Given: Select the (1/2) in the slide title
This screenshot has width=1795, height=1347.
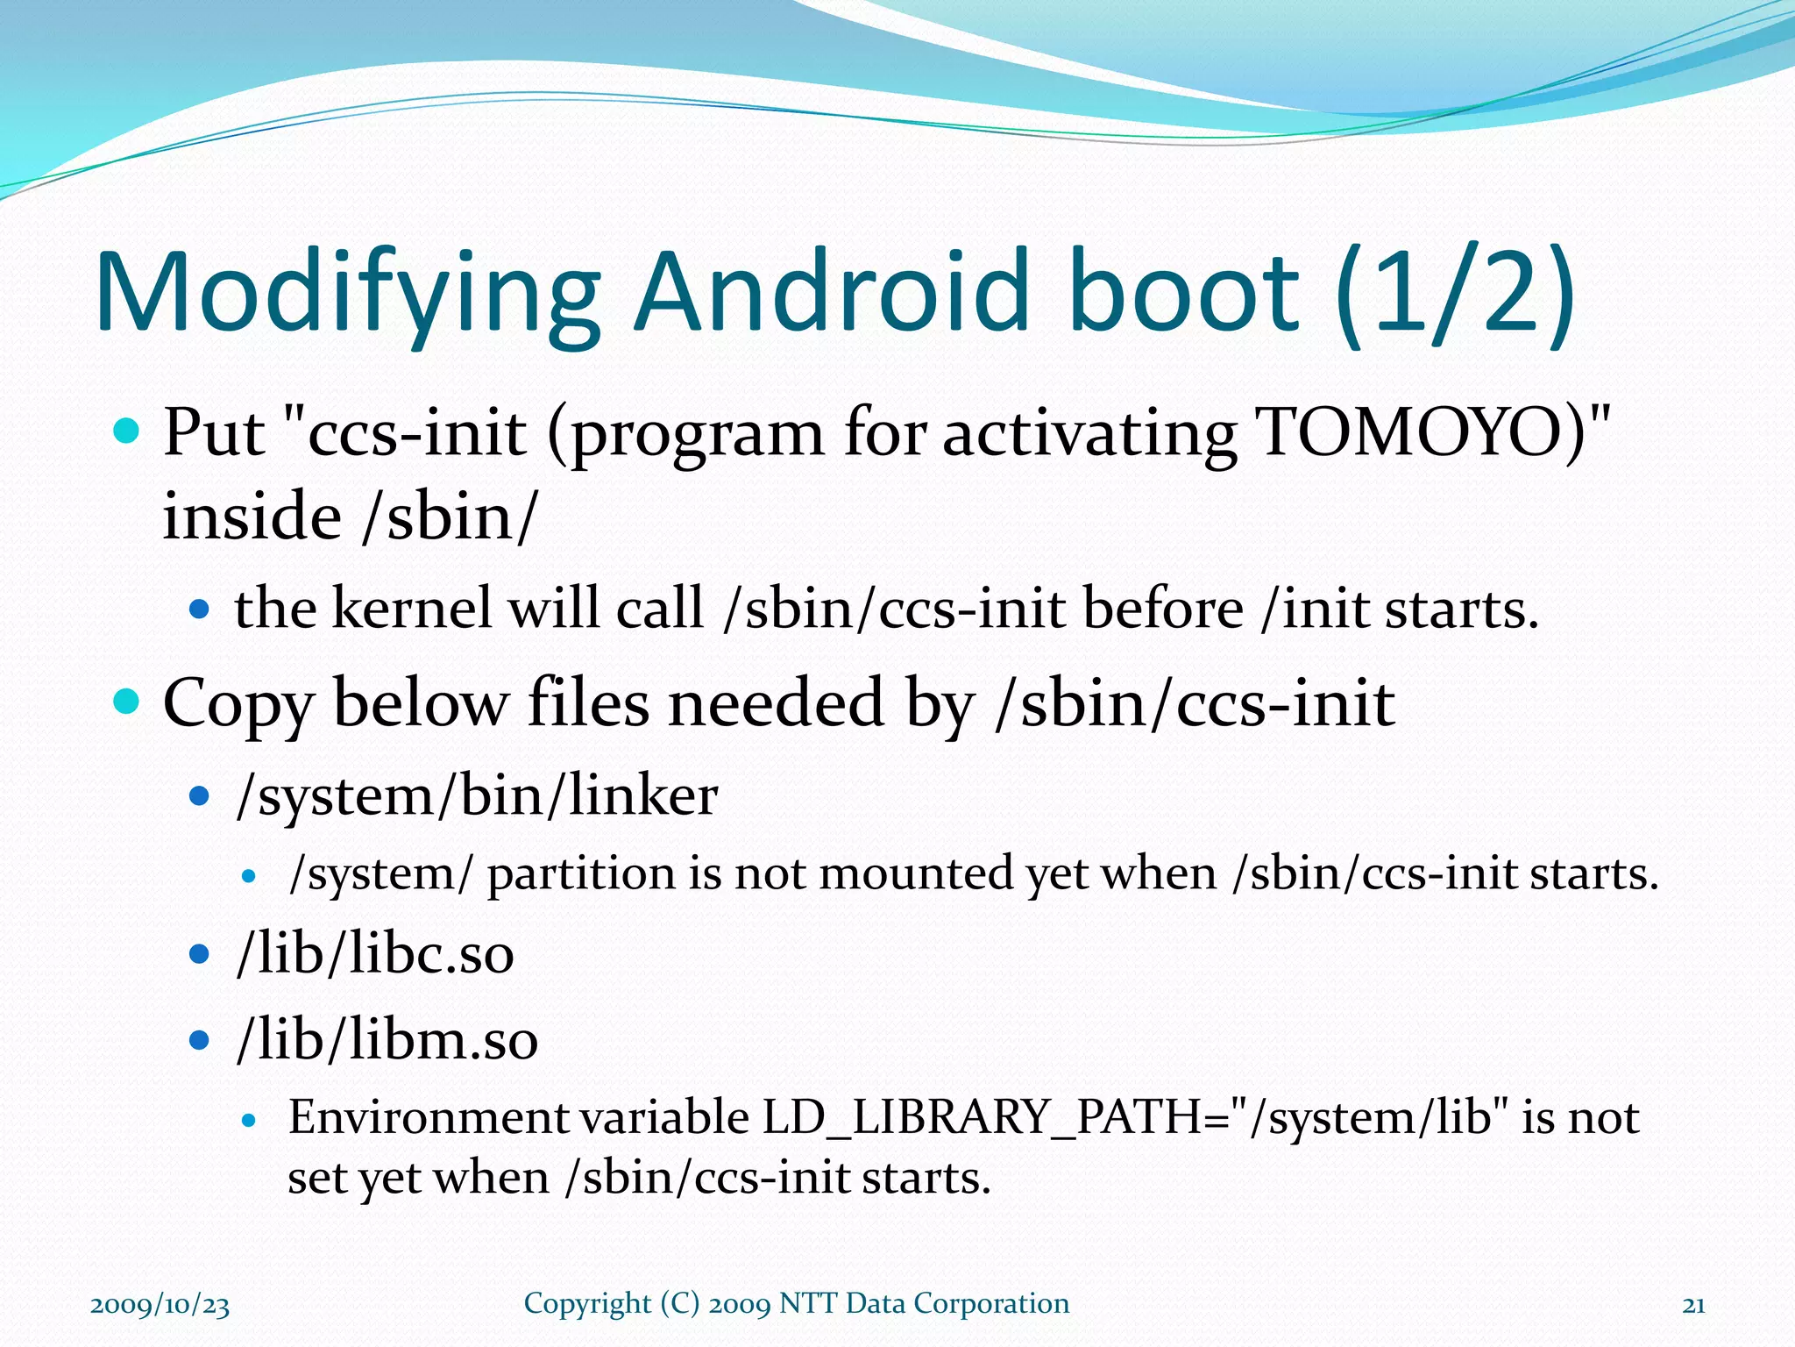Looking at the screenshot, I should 1455,294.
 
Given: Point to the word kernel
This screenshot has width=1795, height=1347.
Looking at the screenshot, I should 412,608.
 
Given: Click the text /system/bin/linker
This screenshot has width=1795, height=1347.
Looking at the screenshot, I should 478,796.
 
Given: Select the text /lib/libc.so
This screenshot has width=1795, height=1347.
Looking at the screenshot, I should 375,953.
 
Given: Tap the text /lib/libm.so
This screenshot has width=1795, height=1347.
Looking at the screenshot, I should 387,1039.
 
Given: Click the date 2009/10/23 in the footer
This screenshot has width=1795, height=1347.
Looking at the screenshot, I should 160,1305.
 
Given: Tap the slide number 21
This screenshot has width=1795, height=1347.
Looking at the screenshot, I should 1693,1305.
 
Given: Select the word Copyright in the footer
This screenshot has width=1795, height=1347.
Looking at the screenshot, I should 587,1304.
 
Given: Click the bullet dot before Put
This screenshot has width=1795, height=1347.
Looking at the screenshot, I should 127,431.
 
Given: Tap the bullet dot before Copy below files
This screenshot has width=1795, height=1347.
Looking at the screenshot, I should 127,702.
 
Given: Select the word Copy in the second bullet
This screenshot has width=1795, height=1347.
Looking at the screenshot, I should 238,704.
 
